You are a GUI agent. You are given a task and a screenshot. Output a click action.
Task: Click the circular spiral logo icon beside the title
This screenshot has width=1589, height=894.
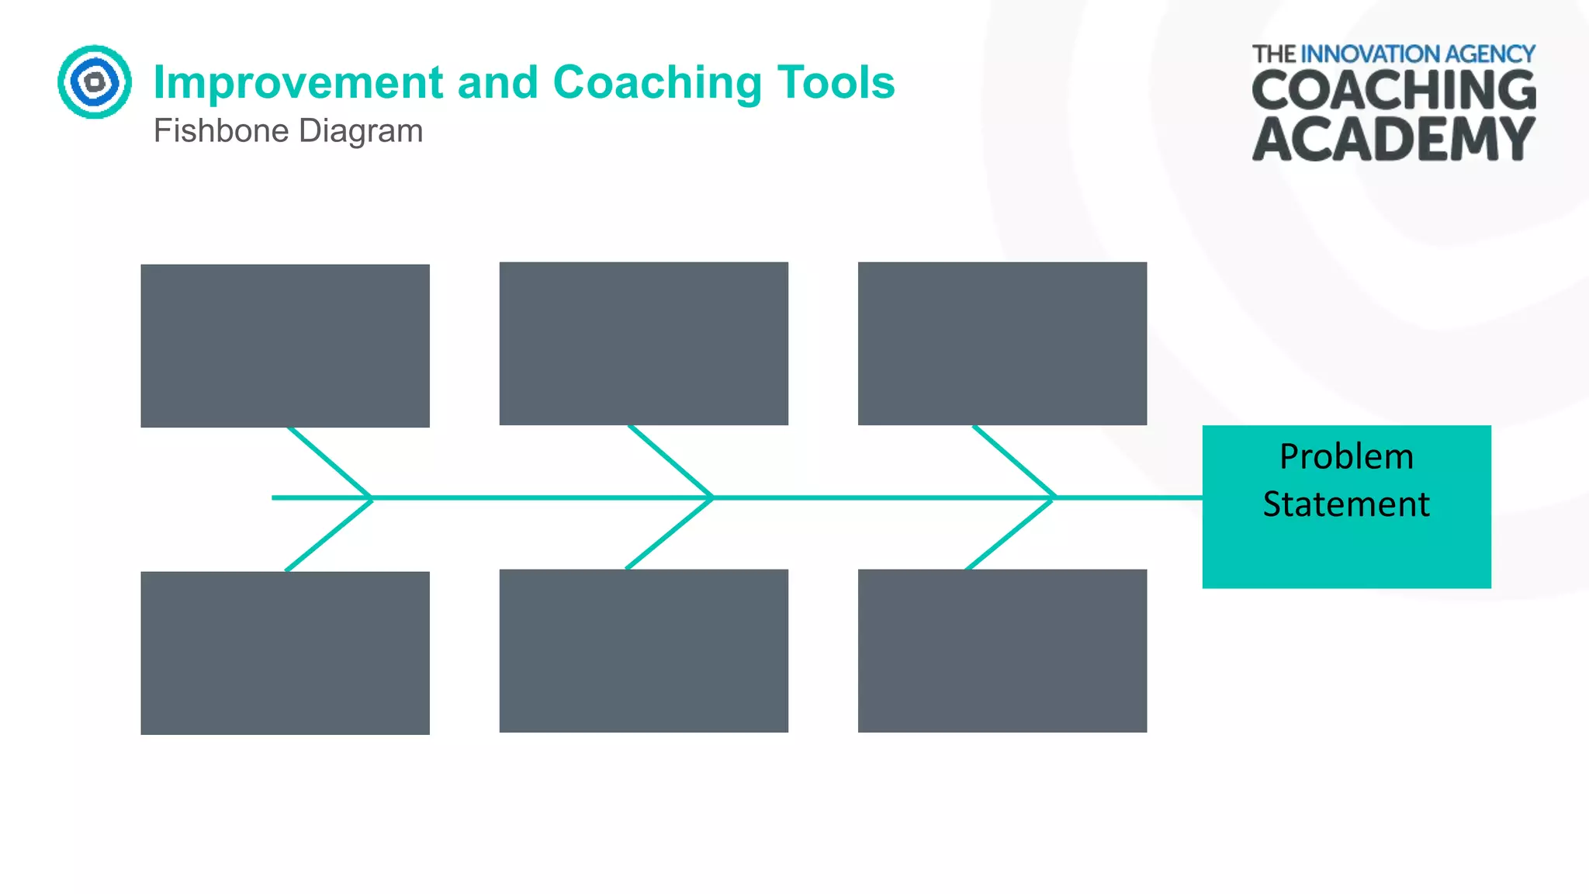[x=95, y=81]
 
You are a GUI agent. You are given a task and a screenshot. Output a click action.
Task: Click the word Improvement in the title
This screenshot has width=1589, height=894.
[x=298, y=82]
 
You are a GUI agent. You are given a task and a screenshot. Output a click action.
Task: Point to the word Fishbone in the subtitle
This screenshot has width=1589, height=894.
[x=221, y=131]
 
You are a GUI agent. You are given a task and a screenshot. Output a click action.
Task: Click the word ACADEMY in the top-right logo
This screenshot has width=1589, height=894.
[x=1393, y=140]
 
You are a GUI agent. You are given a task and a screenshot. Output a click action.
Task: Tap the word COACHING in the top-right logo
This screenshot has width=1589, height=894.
[x=1393, y=91]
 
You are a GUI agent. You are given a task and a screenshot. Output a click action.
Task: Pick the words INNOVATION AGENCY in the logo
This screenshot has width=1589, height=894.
[x=1417, y=54]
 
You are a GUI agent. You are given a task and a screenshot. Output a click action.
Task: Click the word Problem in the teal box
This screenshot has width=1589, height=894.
[x=1346, y=456]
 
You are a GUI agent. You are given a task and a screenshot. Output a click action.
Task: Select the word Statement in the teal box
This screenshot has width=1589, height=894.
[x=1346, y=504]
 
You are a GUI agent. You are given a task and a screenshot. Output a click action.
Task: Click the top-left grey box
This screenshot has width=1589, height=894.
[x=285, y=345]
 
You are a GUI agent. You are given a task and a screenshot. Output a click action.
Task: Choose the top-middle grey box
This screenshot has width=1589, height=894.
[x=643, y=343]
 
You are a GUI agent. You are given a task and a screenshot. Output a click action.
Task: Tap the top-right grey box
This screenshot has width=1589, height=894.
[x=1002, y=343]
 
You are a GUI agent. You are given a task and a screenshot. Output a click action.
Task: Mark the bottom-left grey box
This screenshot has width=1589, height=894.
[x=285, y=653]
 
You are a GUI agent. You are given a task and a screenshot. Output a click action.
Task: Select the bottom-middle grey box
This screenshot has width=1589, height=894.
[x=643, y=650]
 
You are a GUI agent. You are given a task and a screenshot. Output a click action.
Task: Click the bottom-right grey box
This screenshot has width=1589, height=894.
[x=1002, y=650]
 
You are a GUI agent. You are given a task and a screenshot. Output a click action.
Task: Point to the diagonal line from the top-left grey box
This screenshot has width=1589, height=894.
[x=329, y=462]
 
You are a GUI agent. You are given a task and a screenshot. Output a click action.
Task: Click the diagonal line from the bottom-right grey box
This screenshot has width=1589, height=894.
[x=1009, y=534]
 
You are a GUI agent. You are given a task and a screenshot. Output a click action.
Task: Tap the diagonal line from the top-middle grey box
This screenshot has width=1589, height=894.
[x=670, y=461]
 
